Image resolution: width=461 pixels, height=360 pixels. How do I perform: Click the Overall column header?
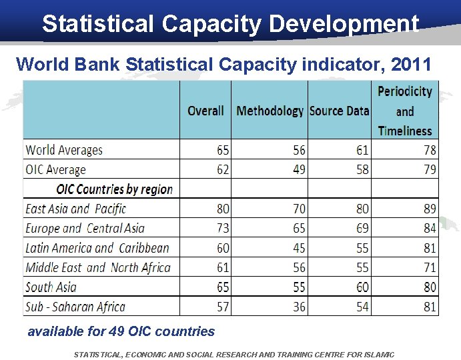pos(205,111)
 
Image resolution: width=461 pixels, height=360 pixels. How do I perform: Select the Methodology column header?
pos(270,111)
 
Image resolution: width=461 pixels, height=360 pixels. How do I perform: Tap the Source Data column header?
pos(339,111)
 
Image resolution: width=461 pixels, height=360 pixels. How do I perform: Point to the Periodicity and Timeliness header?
pos(404,111)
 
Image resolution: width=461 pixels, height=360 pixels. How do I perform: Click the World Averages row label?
pos(64,150)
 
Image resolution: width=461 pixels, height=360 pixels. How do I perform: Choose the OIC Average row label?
pos(56,169)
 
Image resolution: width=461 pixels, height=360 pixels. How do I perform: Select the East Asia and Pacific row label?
pos(75,209)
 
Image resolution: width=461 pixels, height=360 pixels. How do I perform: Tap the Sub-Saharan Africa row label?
pos(75,307)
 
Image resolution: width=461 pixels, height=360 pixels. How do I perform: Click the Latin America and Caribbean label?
pos(97,248)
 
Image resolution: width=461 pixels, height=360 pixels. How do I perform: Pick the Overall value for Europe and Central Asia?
pos(223,228)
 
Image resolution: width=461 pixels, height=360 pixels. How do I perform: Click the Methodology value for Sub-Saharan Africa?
pos(299,307)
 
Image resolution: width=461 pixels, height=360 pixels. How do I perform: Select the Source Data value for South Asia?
pos(362,287)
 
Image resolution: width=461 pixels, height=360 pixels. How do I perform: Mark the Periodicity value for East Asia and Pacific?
pos(430,209)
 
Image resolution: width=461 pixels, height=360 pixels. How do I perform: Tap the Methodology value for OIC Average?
pos(299,169)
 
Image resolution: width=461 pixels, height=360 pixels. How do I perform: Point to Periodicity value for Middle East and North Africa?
pos(430,267)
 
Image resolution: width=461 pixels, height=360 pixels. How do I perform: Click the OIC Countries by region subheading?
pos(115,189)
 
